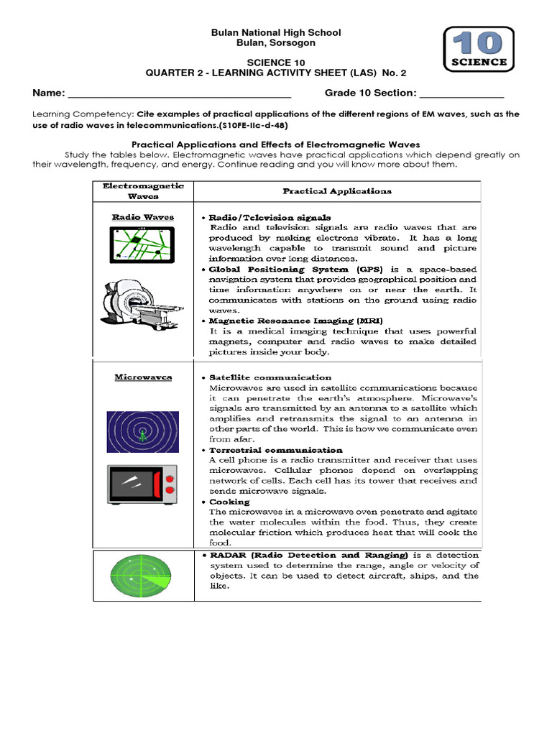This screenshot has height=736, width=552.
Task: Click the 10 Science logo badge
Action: click(x=479, y=51)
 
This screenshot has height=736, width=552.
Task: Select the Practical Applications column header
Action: click(x=337, y=191)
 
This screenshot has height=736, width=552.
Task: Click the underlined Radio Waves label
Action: click(x=143, y=217)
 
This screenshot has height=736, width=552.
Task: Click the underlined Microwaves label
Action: click(x=143, y=377)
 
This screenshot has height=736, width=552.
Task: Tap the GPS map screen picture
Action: click(x=142, y=244)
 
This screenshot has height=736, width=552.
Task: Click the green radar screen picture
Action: click(x=142, y=577)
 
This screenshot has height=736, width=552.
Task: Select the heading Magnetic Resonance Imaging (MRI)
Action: click(x=295, y=321)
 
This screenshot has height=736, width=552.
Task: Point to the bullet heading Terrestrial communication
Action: click(x=275, y=450)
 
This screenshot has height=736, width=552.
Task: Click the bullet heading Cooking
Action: click(x=229, y=502)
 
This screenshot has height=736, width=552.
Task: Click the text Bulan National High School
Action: click(x=275, y=33)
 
